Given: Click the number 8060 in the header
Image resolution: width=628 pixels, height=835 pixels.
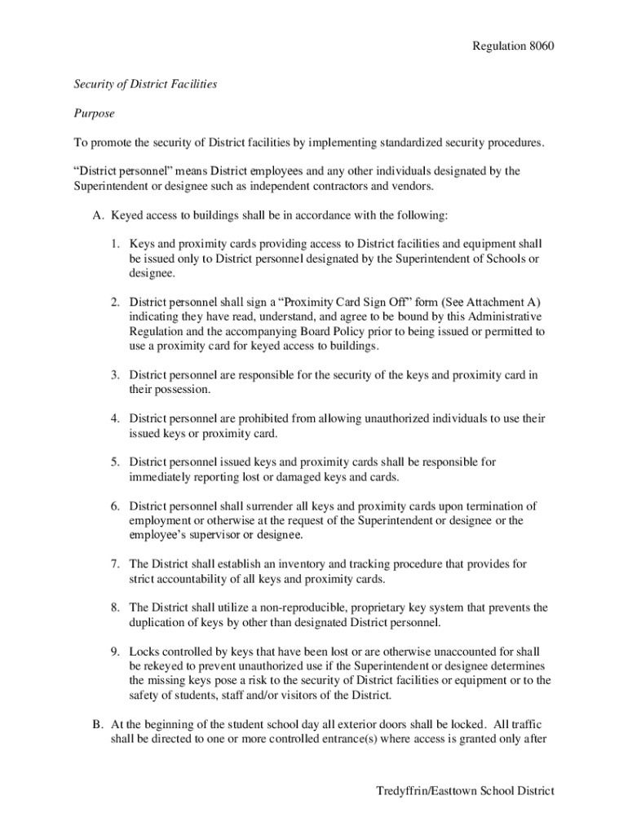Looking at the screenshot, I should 538,46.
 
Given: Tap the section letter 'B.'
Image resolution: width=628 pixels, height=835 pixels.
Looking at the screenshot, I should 98,724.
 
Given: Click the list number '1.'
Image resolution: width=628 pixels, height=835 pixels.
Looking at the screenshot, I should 117,245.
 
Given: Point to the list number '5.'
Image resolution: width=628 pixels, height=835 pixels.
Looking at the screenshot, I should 117,462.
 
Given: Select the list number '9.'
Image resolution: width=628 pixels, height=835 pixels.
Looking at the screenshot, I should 117,652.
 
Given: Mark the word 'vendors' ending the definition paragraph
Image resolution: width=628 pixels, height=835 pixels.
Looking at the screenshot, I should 414,187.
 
